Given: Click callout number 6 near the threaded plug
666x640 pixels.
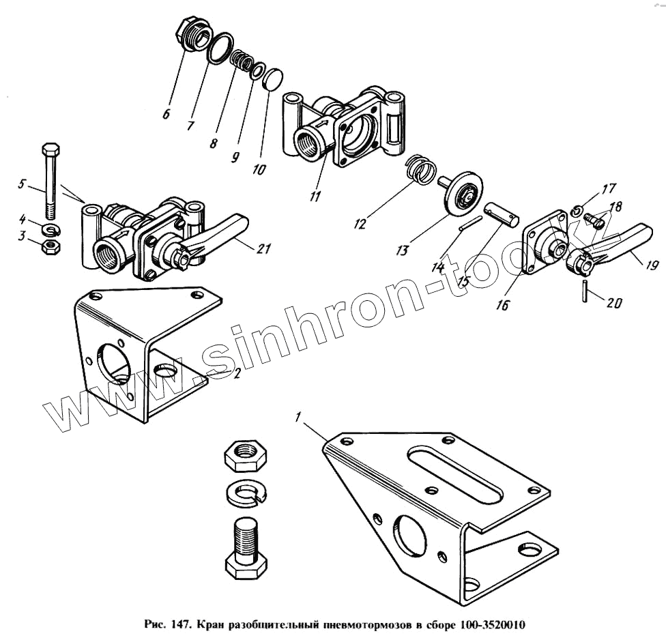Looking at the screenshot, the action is pos(166,114).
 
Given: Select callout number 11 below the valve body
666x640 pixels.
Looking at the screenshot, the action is pos(315,197).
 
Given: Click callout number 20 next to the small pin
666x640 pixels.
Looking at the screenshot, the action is pos(614,302).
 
